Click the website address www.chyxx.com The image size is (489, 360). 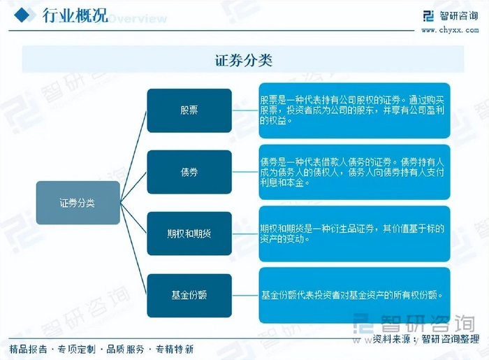448,29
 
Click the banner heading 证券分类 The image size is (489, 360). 244,60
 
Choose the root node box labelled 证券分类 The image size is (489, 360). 78,203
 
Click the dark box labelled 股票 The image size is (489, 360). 189,110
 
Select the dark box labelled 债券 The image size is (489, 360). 189,172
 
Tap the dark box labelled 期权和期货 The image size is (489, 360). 189,233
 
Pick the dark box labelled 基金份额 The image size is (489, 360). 189,295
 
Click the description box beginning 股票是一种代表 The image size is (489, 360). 354,110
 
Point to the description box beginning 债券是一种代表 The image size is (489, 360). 354,172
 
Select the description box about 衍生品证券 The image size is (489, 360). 354,233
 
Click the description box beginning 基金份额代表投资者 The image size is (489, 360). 354,294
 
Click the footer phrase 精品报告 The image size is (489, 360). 29,349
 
